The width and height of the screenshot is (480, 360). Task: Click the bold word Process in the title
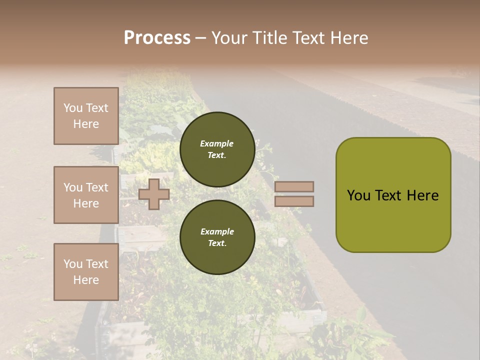pyautogui.click(x=157, y=38)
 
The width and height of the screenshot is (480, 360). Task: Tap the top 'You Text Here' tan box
pyautogui.click(x=86, y=116)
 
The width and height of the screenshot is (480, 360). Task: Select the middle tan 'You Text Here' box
pyautogui.click(x=86, y=195)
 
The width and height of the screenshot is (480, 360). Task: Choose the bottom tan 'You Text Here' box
pyautogui.click(x=86, y=271)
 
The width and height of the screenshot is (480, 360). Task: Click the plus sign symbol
pyautogui.click(x=154, y=194)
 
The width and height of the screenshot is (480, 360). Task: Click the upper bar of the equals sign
pyautogui.click(x=294, y=186)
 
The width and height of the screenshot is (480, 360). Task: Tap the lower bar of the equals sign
pyautogui.click(x=294, y=201)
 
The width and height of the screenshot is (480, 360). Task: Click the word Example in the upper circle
pyautogui.click(x=217, y=143)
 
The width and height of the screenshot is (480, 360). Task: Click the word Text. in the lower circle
pyautogui.click(x=217, y=243)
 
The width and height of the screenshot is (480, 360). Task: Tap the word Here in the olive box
pyautogui.click(x=422, y=195)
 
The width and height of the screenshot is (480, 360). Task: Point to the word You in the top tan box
pyautogui.click(x=72, y=108)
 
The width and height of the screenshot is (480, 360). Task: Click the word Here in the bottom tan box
pyautogui.click(x=86, y=280)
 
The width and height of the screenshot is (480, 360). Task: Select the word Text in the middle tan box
pyautogui.click(x=97, y=187)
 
